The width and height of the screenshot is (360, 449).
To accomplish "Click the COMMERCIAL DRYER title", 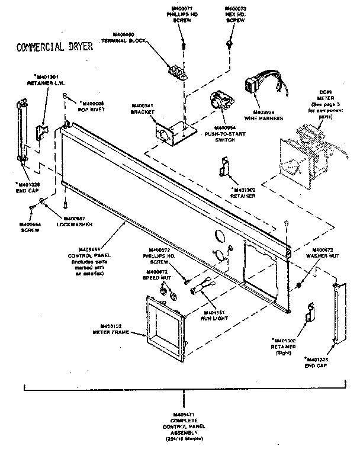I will pos(54,47).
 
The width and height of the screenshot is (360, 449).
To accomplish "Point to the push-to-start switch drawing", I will pos(220,102).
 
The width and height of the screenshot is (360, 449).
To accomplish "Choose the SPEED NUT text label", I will pos(157,277).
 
